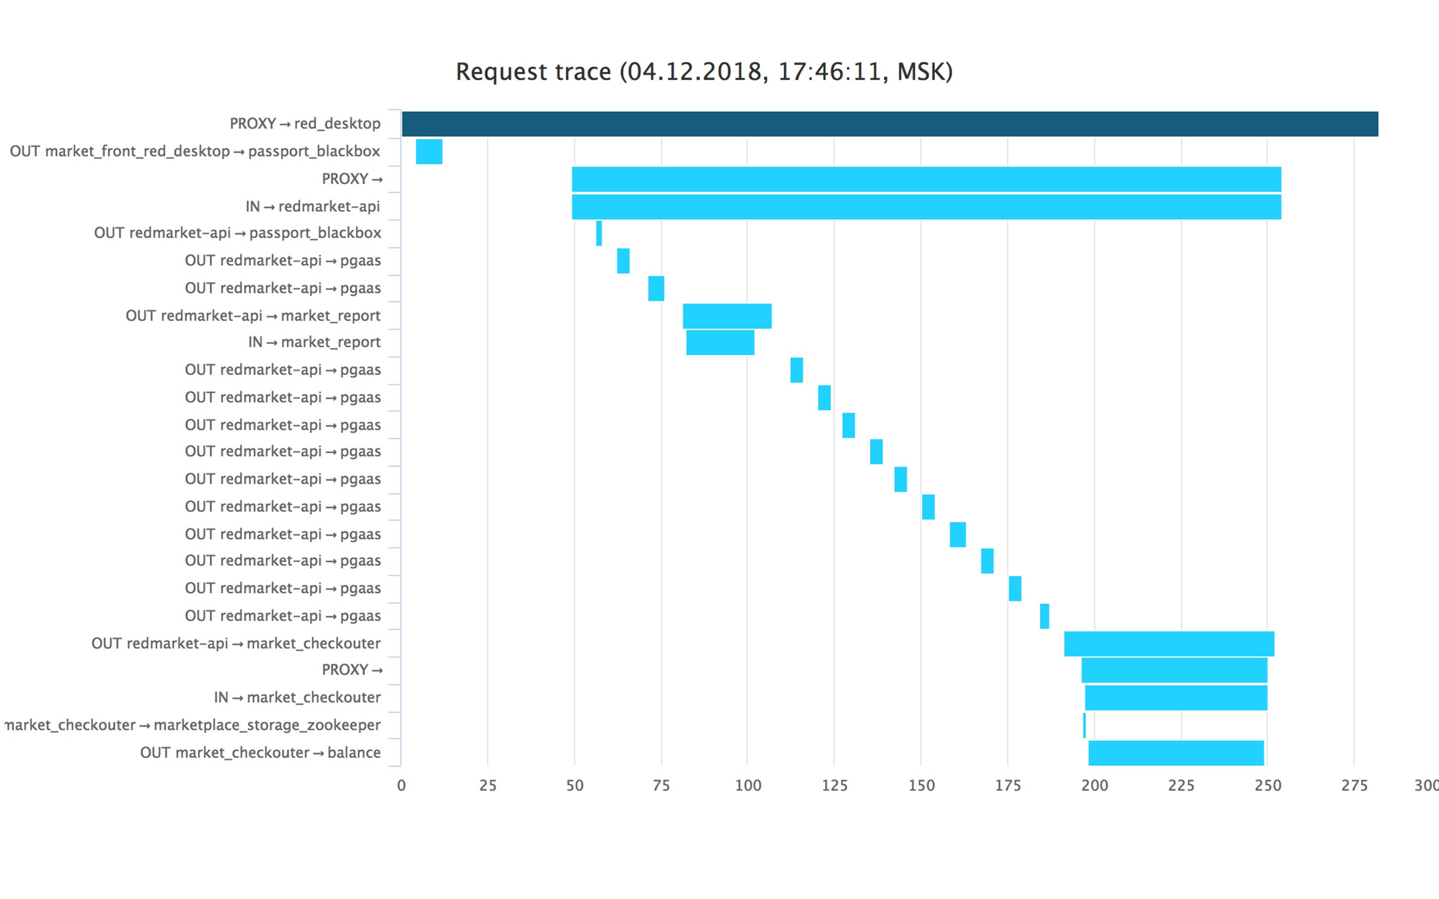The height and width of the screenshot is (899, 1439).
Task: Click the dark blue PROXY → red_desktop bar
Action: point(890,124)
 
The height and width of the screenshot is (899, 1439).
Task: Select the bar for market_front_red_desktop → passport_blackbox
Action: point(429,152)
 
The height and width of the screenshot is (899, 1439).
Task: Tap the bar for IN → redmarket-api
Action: point(926,207)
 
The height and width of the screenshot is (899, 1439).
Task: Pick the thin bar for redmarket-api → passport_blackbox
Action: point(599,233)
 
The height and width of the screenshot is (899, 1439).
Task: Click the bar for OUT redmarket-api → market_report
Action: point(727,316)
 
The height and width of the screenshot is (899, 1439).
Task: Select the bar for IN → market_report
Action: point(720,343)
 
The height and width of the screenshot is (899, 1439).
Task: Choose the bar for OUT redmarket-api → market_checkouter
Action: point(1169,644)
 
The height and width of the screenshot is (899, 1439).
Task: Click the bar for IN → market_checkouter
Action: point(1175,698)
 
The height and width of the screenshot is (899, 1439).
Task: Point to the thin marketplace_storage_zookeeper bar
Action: point(1084,725)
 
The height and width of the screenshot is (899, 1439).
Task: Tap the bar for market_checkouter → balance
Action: point(1175,753)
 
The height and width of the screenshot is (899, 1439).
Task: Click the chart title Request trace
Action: point(533,72)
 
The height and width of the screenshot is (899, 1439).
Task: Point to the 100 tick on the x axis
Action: point(748,786)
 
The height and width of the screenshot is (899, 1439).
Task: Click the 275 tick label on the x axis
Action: point(1354,786)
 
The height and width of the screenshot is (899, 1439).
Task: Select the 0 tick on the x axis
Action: point(401,786)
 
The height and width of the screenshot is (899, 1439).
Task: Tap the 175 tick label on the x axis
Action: point(1008,786)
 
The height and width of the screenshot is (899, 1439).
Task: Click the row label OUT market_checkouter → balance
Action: point(260,753)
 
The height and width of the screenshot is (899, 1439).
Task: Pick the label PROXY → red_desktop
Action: point(305,124)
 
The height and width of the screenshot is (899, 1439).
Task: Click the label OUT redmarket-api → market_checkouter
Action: point(236,643)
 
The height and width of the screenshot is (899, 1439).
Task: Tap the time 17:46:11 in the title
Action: point(829,72)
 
